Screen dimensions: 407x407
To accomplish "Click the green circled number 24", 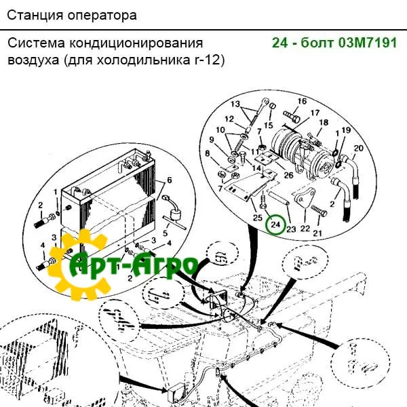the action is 275,225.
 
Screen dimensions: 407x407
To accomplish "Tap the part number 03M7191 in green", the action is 368,43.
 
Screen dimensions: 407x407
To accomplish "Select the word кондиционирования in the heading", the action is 136,43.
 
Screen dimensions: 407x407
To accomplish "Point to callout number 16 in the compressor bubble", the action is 302,101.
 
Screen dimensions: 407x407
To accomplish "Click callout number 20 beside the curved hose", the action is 358,148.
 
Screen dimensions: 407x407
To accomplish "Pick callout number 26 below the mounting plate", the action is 288,175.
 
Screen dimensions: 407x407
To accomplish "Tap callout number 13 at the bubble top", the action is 235,104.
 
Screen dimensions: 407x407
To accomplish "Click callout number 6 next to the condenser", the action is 169,180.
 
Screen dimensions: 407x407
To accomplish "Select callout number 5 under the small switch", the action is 166,233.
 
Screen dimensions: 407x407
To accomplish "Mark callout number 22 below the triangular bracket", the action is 305,229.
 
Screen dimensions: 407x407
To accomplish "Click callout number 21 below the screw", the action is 317,233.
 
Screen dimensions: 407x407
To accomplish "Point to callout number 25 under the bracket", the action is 258,218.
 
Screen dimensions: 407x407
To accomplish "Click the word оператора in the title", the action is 102,16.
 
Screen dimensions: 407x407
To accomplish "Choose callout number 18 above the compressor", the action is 324,122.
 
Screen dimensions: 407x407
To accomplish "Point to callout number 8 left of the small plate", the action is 207,153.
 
